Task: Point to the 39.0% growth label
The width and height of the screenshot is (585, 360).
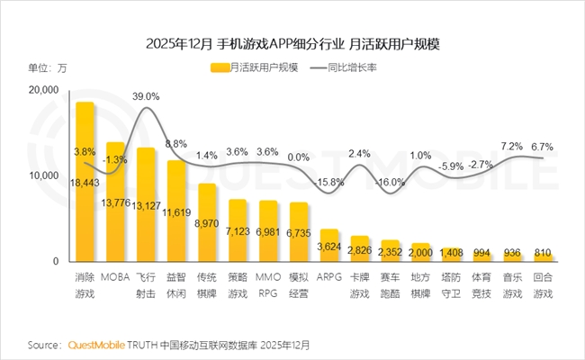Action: click(x=146, y=95)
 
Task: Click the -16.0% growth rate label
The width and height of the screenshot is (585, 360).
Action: click(x=391, y=183)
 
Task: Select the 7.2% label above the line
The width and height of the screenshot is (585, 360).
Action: click(x=512, y=145)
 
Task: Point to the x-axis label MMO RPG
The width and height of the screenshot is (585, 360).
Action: click(x=268, y=287)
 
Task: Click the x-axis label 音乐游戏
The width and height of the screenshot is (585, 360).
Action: click(x=512, y=287)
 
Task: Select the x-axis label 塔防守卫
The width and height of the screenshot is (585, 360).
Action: click(x=451, y=287)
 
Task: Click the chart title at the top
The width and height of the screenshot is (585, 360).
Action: click(x=292, y=41)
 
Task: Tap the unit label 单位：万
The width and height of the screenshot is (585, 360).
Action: click(x=48, y=67)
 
